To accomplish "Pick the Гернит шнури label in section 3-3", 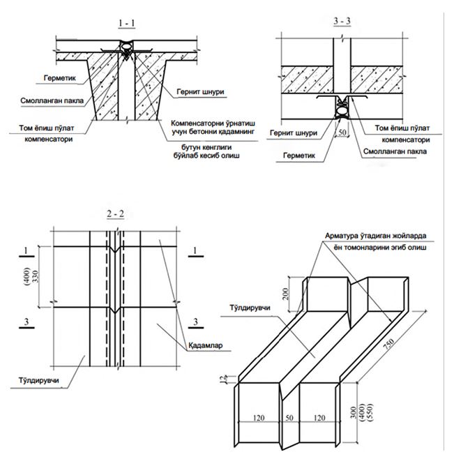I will tap(291, 132).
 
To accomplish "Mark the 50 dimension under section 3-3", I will tap(341, 131).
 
